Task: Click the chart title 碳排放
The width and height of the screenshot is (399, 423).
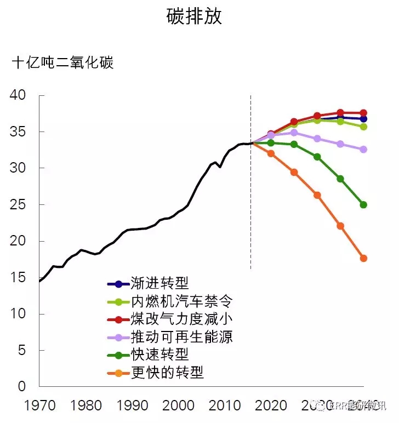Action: tap(195, 17)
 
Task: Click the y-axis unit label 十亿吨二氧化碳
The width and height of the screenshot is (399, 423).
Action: tap(62, 63)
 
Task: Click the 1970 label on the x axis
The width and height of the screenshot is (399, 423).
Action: tap(39, 406)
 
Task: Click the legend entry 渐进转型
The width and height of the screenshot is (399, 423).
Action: tap(159, 283)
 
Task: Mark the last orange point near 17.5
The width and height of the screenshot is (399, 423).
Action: tap(363, 258)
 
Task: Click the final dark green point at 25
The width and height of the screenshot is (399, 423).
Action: tap(363, 205)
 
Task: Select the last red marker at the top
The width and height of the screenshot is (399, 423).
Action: tap(363, 113)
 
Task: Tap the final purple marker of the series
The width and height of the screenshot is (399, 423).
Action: tap(363, 149)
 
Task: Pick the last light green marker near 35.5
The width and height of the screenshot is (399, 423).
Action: tap(363, 127)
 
